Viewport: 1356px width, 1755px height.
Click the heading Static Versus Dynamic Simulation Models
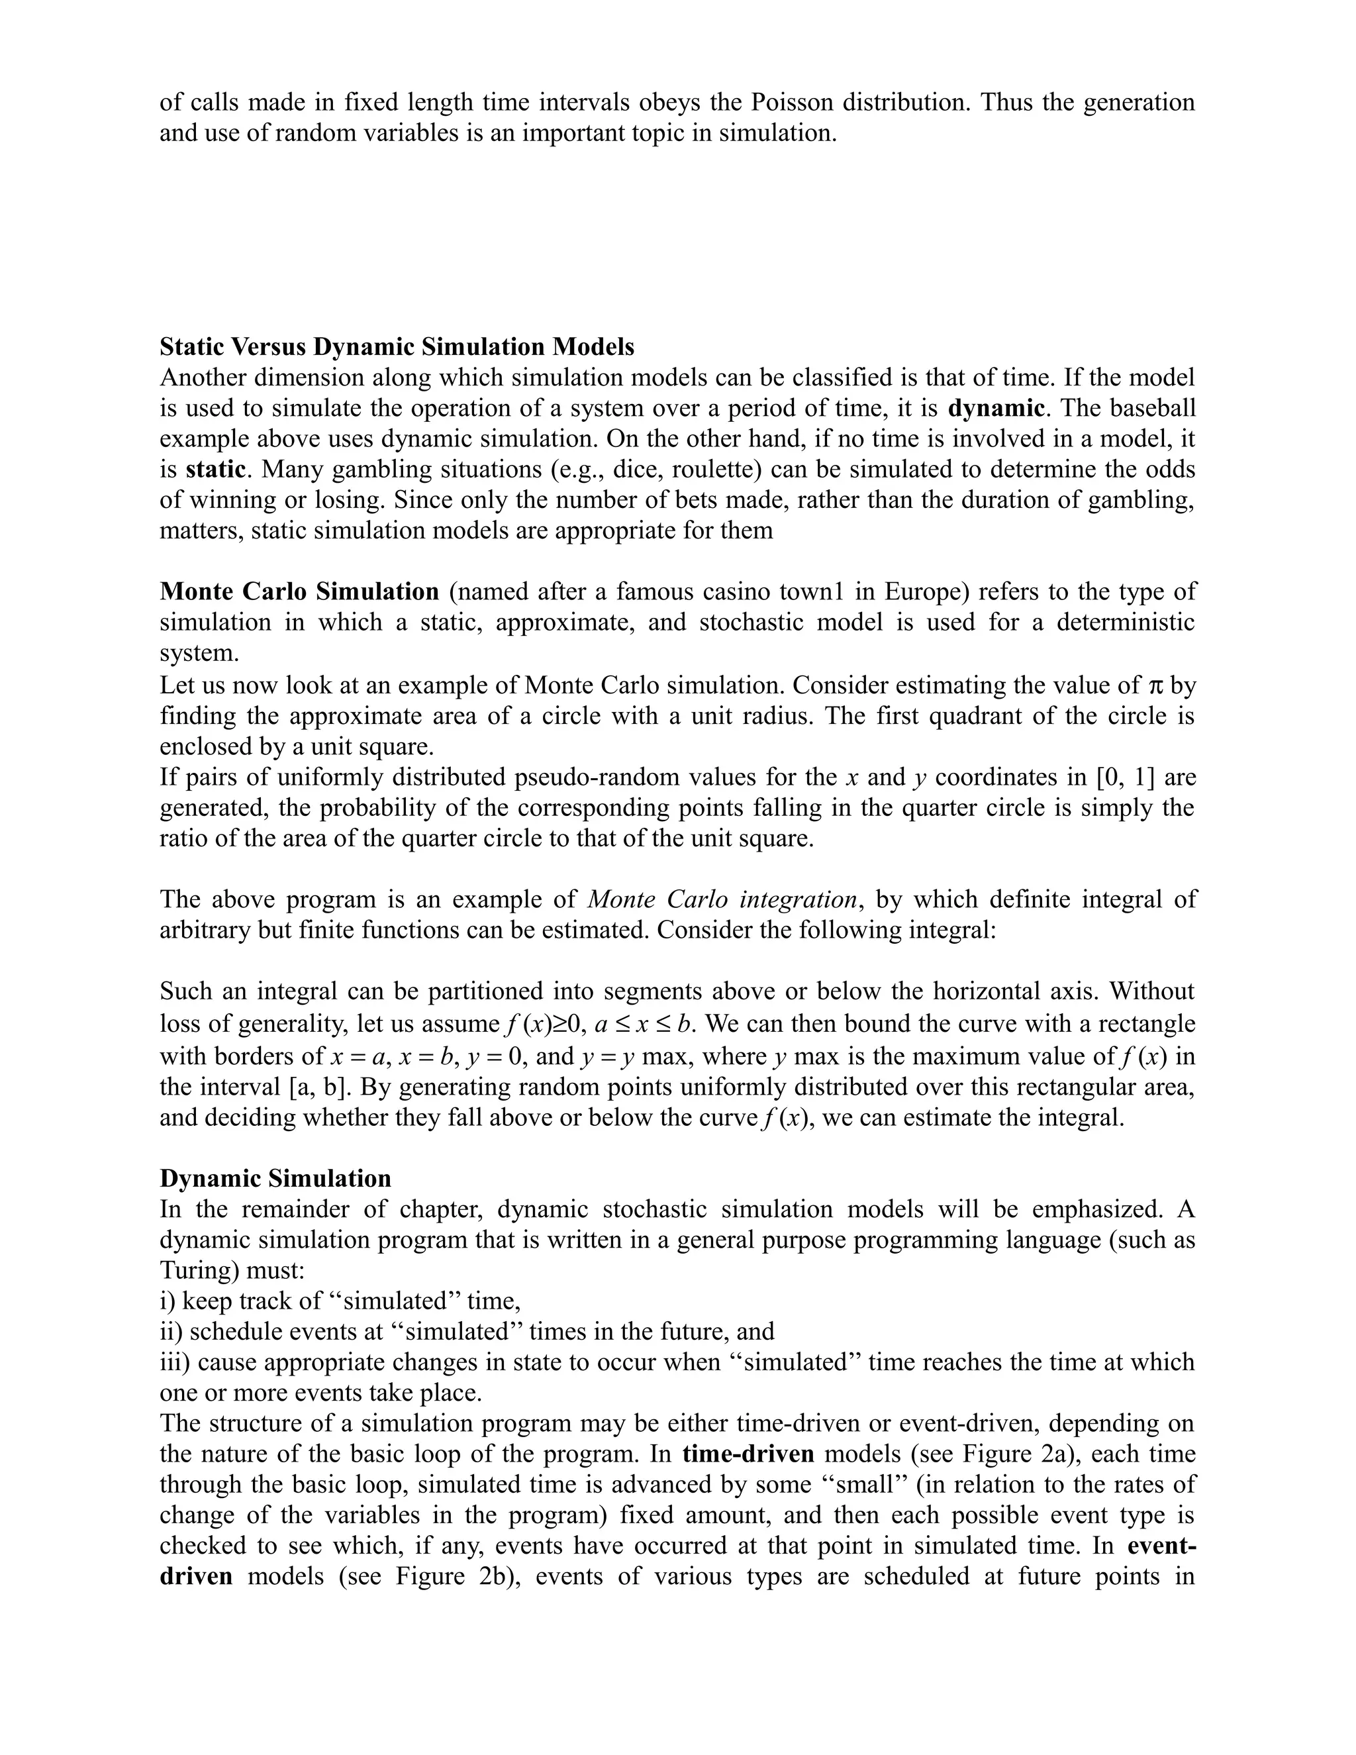(x=397, y=346)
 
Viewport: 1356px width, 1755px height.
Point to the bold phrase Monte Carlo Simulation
(x=300, y=591)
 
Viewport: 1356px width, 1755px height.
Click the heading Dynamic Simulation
(x=275, y=1178)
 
